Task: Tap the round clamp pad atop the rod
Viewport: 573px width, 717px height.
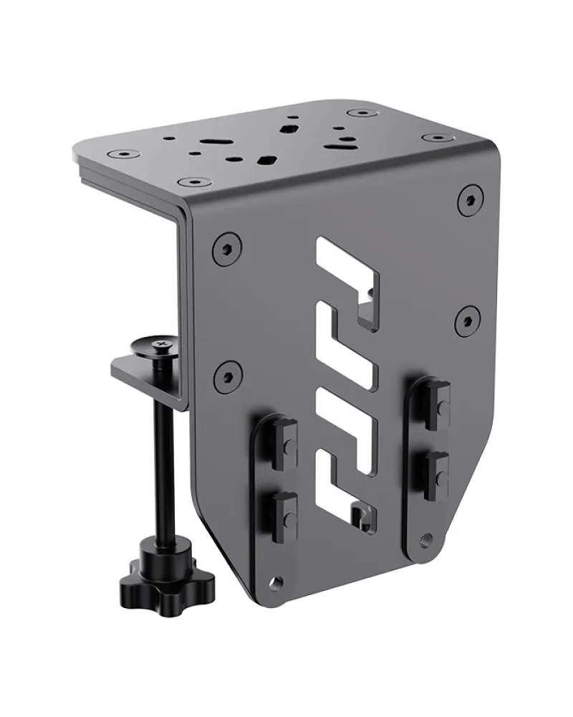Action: (160, 347)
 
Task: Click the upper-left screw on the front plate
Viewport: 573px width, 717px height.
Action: (226, 249)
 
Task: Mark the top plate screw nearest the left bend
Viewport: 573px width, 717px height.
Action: (190, 182)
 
